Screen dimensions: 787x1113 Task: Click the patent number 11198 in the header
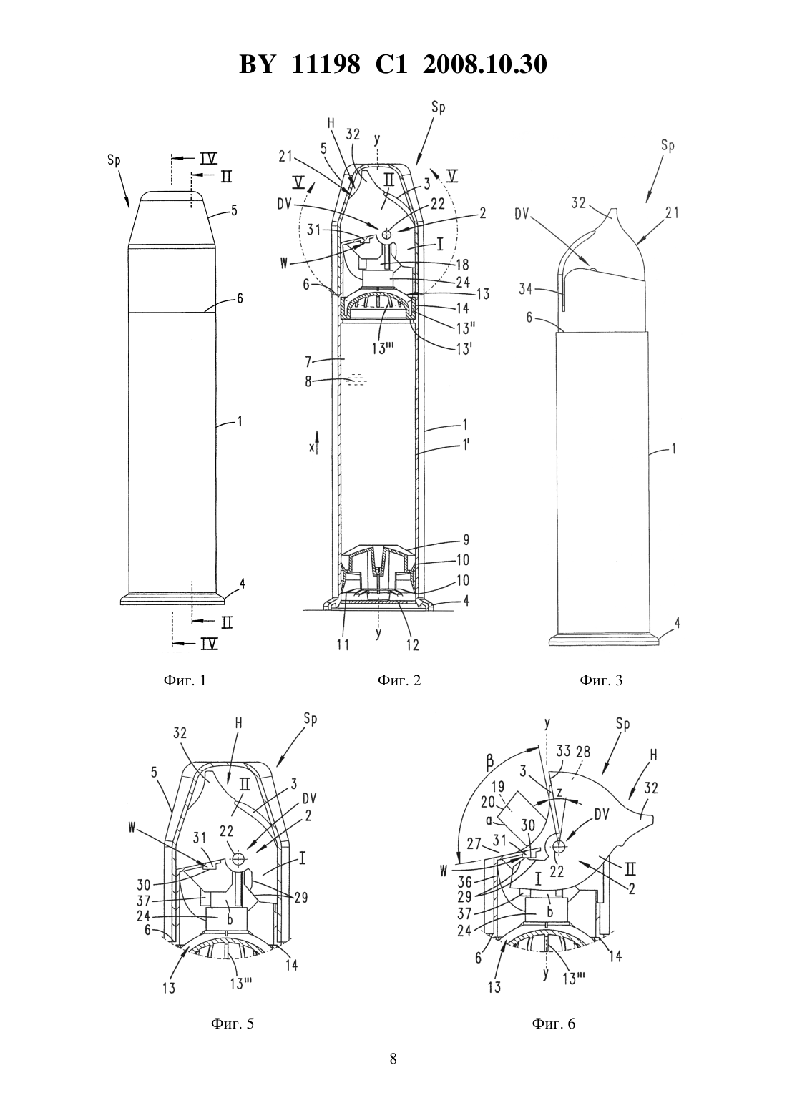point(326,64)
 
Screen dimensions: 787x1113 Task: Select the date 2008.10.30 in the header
point(485,64)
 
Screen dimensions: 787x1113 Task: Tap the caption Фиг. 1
point(185,680)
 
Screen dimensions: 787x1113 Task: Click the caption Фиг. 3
point(601,680)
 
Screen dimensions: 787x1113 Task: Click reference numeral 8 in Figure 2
point(308,382)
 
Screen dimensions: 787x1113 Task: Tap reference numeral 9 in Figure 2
point(466,539)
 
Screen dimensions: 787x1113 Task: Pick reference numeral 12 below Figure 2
point(413,645)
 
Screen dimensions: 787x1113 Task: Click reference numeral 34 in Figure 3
point(527,288)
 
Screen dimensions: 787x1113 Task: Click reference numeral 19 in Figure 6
point(498,786)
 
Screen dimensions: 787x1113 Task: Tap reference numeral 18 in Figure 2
point(462,265)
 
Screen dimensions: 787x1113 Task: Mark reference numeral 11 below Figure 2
point(343,645)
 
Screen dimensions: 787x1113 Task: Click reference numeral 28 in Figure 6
point(583,752)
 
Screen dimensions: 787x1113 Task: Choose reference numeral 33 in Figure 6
point(564,752)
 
